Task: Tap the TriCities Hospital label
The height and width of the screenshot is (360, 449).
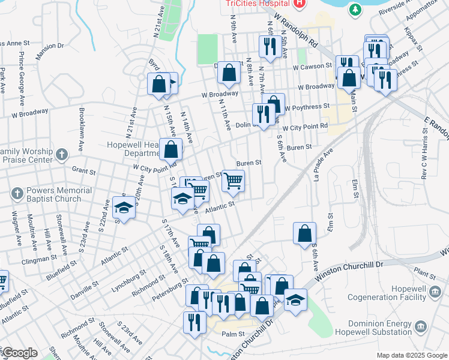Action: tap(258, 3)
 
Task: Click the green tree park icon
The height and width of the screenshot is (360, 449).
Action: tap(355, 9)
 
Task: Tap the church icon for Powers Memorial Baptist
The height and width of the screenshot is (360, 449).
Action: tap(17, 194)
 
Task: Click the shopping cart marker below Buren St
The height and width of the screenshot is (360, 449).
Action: tap(233, 180)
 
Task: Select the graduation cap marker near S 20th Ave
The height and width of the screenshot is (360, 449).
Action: tap(124, 207)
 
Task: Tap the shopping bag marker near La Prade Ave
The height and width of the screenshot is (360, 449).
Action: tap(304, 233)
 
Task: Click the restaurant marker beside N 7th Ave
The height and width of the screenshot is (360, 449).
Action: tap(268, 47)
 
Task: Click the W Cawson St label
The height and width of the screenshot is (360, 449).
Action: tap(312, 66)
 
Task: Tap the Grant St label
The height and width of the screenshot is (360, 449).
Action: tap(83, 170)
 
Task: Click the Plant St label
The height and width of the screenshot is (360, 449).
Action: tap(424, 274)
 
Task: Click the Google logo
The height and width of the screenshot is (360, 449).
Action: tap(20, 353)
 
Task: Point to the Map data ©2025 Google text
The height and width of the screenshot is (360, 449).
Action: tap(411, 355)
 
